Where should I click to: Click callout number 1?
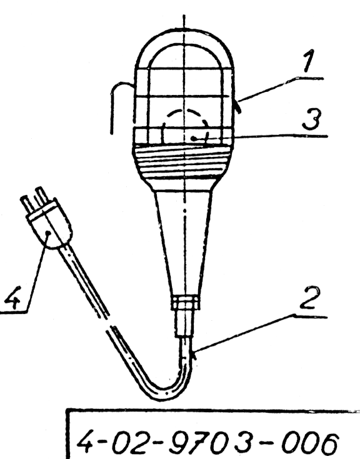click(308, 61)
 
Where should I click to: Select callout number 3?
click(312, 119)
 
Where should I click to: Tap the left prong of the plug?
click(26, 205)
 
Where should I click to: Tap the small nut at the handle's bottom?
click(186, 303)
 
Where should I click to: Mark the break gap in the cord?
click(107, 321)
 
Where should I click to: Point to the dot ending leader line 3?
click(193, 138)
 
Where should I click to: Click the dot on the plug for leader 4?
click(47, 233)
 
